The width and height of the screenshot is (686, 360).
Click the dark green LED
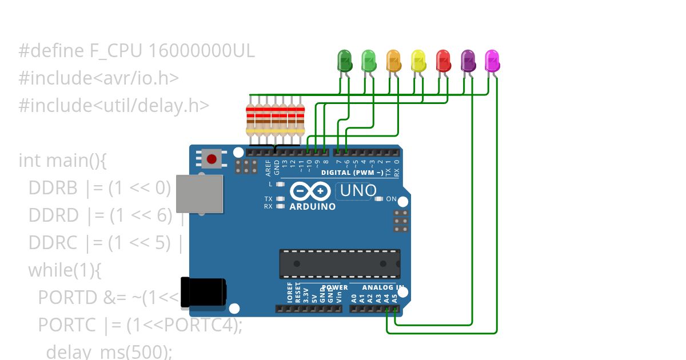point(345,60)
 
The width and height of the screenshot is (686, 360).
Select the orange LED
point(394,60)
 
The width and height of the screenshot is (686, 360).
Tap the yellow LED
point(418,60)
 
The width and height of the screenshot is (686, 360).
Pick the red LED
point(443,60)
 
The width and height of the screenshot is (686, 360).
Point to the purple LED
point(468,60)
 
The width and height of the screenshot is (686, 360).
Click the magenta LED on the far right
point(492,60)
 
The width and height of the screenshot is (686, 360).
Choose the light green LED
point(369,60)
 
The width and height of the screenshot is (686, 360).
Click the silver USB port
point(199,194)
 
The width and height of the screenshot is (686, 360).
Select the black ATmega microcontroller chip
point(340,263)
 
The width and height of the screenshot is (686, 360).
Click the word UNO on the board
point(358,190)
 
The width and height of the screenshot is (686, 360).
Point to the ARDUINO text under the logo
point(313,206)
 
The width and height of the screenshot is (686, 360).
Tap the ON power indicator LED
point(378,199)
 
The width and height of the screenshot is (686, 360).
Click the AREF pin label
point(269,167)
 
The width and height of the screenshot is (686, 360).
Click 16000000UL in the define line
point(201,51)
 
